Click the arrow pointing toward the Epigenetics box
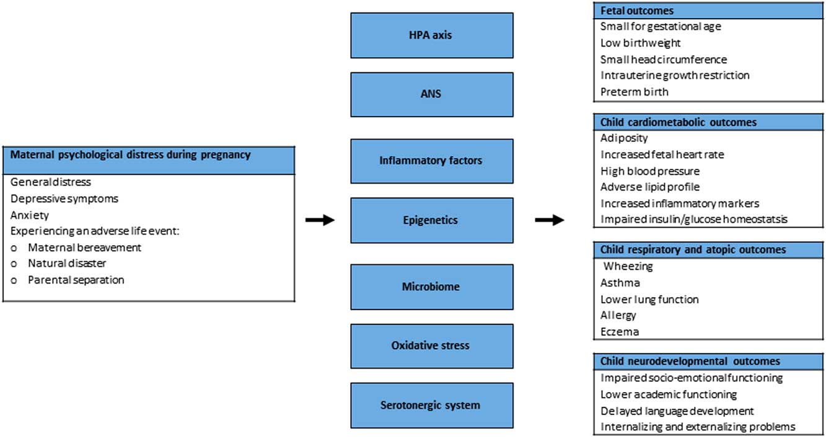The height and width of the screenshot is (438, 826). pos(320,220)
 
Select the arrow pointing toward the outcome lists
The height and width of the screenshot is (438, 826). pos(550,220)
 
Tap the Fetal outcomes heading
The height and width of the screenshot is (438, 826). pos(637,11)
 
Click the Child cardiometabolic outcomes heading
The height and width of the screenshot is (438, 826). pos(678,122)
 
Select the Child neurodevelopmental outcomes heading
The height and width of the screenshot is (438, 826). pos(690,361)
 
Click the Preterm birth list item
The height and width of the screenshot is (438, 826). pos(634,92)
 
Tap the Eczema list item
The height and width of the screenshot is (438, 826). pos(619,331)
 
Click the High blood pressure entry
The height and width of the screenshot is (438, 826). pos(649,171)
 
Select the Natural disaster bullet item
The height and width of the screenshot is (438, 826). pos(67,263)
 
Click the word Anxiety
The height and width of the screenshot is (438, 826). pos(30,215)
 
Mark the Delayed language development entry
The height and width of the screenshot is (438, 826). pos(677,411)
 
